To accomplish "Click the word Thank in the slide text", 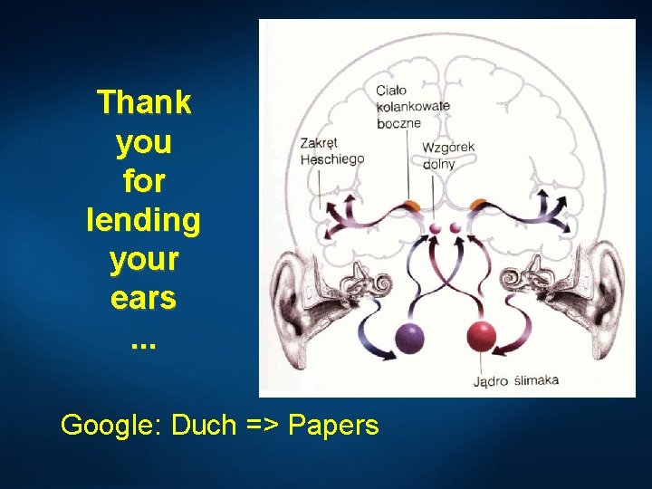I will coord(144,102).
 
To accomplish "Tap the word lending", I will coord(143,220).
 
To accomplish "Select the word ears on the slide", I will coord(143,298).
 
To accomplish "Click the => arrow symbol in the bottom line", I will coord(263,424).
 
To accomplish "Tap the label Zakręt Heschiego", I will coord(331,150).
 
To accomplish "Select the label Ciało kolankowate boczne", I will coord(412,106).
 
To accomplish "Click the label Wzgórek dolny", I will coord(448,155).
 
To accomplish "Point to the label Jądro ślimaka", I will coord(515,380).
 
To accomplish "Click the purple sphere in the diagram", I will coord(410,338).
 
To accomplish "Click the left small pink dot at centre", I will coord(433,228).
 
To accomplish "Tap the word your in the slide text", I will coord(144,259).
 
